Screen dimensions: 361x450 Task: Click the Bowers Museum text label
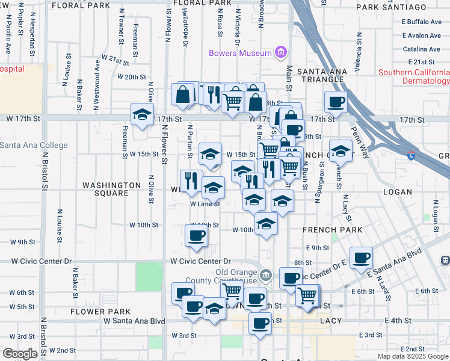(241, 53)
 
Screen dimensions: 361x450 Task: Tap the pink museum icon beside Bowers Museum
(280, 53)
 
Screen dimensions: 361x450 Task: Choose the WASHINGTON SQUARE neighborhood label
(106, 189)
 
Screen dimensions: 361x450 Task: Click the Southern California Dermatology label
(414, 76)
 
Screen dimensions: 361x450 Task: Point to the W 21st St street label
(116, 60)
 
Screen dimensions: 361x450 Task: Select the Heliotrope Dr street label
(186, 30)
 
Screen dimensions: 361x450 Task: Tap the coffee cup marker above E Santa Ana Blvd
(361, 258)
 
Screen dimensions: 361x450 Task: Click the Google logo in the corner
(19, 354)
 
